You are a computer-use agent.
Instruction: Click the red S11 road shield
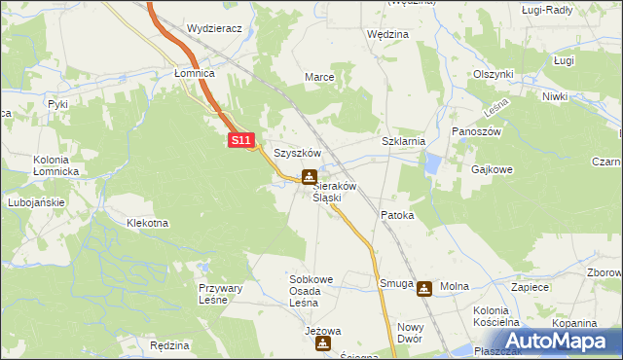click(x=242, y=141)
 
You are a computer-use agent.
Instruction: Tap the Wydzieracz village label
click(x=214, y=29)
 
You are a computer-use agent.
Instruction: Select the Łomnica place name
click(x=194, y=73)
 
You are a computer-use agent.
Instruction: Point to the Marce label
click(x=320, y=77)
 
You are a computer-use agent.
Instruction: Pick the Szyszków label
click(x=297, y=153)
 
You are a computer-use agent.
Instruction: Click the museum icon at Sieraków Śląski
click(x=309, y=176)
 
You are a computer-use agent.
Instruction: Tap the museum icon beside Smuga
click(x=424, y=288)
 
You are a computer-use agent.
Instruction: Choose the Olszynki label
click(x=494, y=74)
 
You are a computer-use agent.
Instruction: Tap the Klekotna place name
click(x=148, y=223)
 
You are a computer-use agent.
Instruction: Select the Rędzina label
click(x=170, y=344)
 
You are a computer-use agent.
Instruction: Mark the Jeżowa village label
click(x=323, y=331)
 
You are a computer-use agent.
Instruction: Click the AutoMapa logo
click(x=558, y=342)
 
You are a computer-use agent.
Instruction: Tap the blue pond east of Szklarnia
click(x=431, y=166)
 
